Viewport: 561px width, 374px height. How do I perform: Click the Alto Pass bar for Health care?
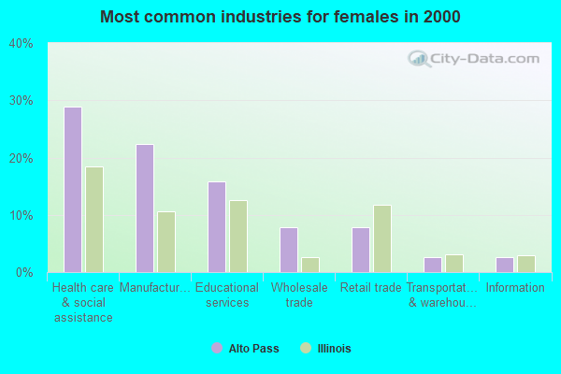click(72, 190)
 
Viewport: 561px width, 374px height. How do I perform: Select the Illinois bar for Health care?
click(94, 220)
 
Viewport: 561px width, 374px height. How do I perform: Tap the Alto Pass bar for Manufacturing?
click(145, 209)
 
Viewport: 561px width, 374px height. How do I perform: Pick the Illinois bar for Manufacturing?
click(166, 242)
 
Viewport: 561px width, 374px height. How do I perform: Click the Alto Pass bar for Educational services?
click(217, 227)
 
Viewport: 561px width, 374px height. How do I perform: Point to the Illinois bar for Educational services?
click(238, 237)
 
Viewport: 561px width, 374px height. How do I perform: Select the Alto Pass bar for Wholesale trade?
click(289, 250)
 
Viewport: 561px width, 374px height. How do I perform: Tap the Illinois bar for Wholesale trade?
click(310, 265)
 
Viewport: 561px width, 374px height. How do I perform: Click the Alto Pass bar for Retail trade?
click(361, 250)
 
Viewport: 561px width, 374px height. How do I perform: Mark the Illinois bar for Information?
click(526, 264)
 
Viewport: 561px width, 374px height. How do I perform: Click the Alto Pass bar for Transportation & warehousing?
click(433, 265)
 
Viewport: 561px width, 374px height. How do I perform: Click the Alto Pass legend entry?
click(245, 349)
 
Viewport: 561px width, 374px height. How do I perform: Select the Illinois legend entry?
click(325, 349)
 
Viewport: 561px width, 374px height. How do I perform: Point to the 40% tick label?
click(22, 44)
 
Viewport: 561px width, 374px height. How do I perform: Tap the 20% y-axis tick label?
click(22, 159)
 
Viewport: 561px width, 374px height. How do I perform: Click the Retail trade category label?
click(371, 288)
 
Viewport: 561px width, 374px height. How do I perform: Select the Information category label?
click(515, 288)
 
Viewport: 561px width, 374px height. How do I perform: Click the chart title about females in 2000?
click(280, 17)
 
